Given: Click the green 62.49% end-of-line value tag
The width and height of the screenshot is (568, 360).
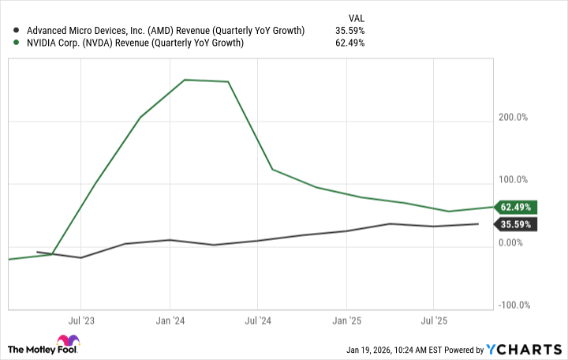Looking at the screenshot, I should pyautogui.click(x=515, y=208).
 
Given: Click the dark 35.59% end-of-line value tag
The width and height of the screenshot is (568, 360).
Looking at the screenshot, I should pyautogui.click(x=515, y=224).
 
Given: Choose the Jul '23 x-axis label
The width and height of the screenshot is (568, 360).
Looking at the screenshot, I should pyautogui.click(x=81, y=321).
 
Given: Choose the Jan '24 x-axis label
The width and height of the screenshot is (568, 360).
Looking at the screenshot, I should pyautogui.click(x=170, y=321).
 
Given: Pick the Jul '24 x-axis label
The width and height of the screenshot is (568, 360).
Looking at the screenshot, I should pyautogui.click(x=258, y=321).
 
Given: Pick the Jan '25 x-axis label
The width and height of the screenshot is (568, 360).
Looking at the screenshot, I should pyautogui.click(x=346, y=321).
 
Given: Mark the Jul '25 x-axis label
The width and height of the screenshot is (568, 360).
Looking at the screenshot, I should pyautogui.click(x=435, y=321).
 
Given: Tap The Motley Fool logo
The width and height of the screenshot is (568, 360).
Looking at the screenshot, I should pyautogui.click(x=44, y=348).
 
